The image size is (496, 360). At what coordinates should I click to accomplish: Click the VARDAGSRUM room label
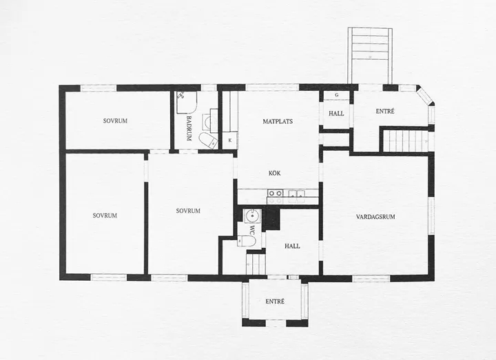[375, 217]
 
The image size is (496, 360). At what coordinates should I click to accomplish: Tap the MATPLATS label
[278, 121]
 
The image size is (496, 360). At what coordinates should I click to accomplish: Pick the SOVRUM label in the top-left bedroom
[114, 121]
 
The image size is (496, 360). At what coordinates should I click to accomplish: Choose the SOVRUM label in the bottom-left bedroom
[105, 215]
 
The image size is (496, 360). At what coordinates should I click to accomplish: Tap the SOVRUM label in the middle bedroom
[187, 211]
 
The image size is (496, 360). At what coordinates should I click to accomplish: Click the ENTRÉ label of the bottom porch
[275, 301]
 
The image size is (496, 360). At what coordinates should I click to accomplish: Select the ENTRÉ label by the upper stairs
[385, 112]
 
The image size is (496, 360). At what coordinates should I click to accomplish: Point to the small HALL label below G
[336, 114]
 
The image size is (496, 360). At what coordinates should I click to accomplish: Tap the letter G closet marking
[336, 95]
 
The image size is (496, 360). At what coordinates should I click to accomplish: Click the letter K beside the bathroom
[229, 140]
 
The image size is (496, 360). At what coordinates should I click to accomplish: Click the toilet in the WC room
[247, 241]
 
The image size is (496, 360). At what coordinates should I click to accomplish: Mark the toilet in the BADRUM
[208, 140]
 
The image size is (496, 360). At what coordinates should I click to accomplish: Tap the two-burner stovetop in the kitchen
[275, 193]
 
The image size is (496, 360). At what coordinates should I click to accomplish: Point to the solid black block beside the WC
[271, 219]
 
